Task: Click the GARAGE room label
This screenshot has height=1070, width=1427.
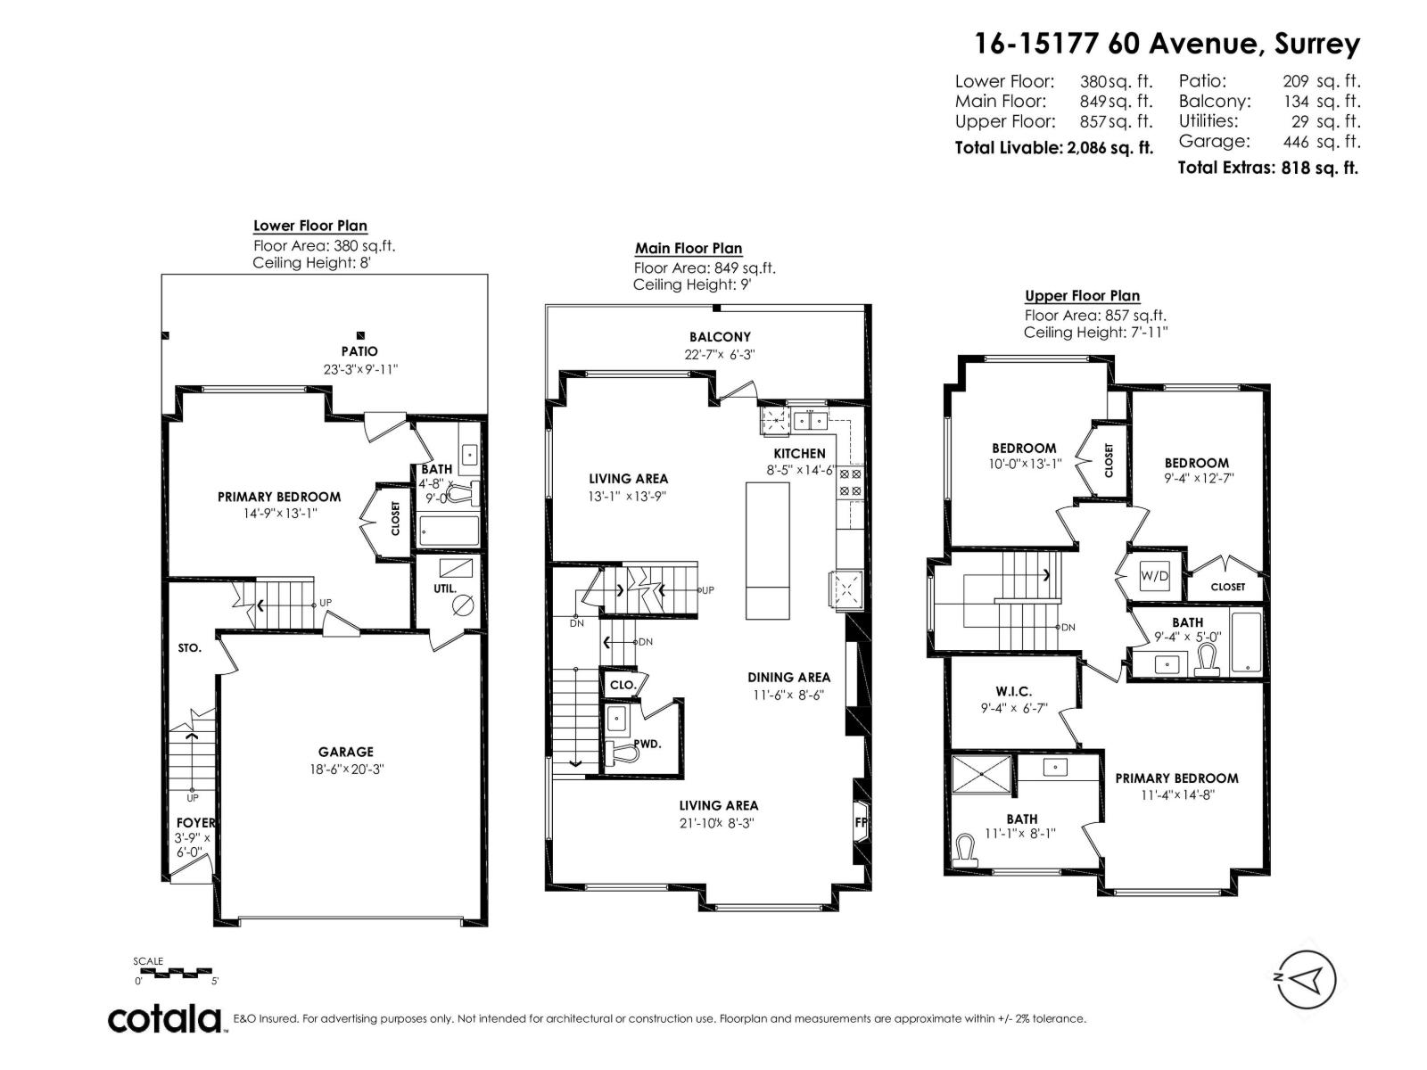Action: pos(346,752)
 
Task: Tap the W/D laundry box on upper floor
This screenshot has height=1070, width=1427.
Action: pos(1154,576)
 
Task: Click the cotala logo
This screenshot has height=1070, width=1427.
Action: pos(165,1018)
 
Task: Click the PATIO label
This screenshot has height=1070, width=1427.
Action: pos(359,351)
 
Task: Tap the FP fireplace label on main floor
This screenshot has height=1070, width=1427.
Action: pos(862,822)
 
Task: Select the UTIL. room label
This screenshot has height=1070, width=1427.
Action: pos(445,588)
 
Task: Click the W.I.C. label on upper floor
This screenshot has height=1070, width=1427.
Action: pos(1013,691)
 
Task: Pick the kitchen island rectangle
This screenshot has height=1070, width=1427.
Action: pos(768,550)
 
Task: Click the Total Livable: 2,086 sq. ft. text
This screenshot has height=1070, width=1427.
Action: pos(1053,148)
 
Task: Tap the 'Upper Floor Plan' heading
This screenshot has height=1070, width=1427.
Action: pos(1082,296)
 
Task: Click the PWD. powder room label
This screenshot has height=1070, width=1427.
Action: pos(648,744)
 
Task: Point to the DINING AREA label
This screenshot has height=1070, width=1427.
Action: pos(788,678)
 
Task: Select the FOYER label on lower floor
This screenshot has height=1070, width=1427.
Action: pos(194,822)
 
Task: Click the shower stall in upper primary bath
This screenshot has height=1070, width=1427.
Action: pos(982,774)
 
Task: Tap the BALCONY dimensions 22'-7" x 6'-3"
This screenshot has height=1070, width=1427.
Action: pos(720,354)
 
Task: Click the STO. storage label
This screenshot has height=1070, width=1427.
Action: pos(189,648)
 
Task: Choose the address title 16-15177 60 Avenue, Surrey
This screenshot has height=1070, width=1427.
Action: pos(1167,43)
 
